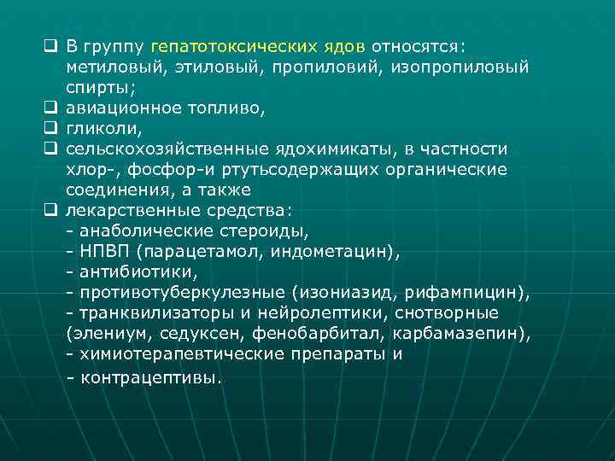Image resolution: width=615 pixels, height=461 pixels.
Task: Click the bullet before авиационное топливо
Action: [x=51, y=108]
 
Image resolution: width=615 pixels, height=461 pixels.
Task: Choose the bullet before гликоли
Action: [x=51, y=128]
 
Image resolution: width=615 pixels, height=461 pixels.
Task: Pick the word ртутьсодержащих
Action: [x=284, y=169]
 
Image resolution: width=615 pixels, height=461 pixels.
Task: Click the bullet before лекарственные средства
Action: [x=51, y=211]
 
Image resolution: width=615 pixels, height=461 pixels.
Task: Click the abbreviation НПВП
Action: [x=107, y=252]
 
